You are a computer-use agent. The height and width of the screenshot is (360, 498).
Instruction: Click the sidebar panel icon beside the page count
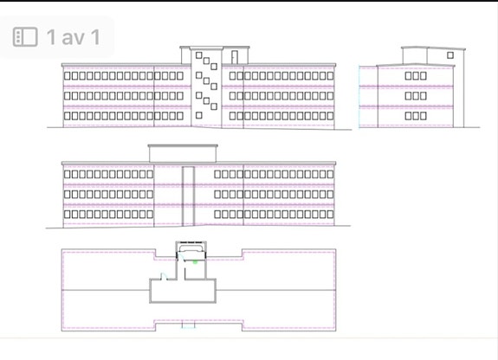pos(25,37)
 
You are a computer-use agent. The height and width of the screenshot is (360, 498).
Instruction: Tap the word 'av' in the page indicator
pos(74,37)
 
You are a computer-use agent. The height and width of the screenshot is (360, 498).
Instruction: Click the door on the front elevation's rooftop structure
pos(235,57)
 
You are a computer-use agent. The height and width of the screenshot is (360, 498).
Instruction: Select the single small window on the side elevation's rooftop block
pos(450,55)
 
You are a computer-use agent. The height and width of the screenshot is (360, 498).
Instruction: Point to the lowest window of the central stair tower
pos(199,115)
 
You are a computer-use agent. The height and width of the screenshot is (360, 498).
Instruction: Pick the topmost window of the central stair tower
pos(199,55)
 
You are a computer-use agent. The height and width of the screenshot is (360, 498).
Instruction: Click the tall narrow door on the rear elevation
pos(188,196)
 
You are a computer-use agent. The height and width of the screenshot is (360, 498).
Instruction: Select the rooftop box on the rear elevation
pos(183,154)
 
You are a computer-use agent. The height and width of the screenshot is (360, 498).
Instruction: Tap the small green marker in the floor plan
pos(195,262)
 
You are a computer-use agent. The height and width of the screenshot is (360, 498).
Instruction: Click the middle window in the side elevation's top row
pos(416,75)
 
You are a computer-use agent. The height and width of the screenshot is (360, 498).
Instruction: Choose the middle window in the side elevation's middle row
pos(416,95)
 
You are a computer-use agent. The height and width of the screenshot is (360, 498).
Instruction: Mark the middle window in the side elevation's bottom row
pos(416,116)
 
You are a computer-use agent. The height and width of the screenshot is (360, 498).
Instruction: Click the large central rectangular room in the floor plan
pos(183,291)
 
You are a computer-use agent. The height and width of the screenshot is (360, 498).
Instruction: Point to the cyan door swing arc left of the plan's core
pos(164,275)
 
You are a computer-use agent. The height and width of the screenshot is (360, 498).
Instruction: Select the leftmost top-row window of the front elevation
pos(67,75)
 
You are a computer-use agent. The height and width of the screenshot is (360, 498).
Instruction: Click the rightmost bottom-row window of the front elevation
pos(330,116)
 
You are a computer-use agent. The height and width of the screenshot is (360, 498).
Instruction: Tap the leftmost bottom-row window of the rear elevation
pos(67,215)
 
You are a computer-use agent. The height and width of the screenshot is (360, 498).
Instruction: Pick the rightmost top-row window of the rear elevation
pos(330,174)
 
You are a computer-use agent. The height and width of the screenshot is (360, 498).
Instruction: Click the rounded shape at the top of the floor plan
pos(191,247)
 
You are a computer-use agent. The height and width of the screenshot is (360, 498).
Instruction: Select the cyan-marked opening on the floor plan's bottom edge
pos(188,325)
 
